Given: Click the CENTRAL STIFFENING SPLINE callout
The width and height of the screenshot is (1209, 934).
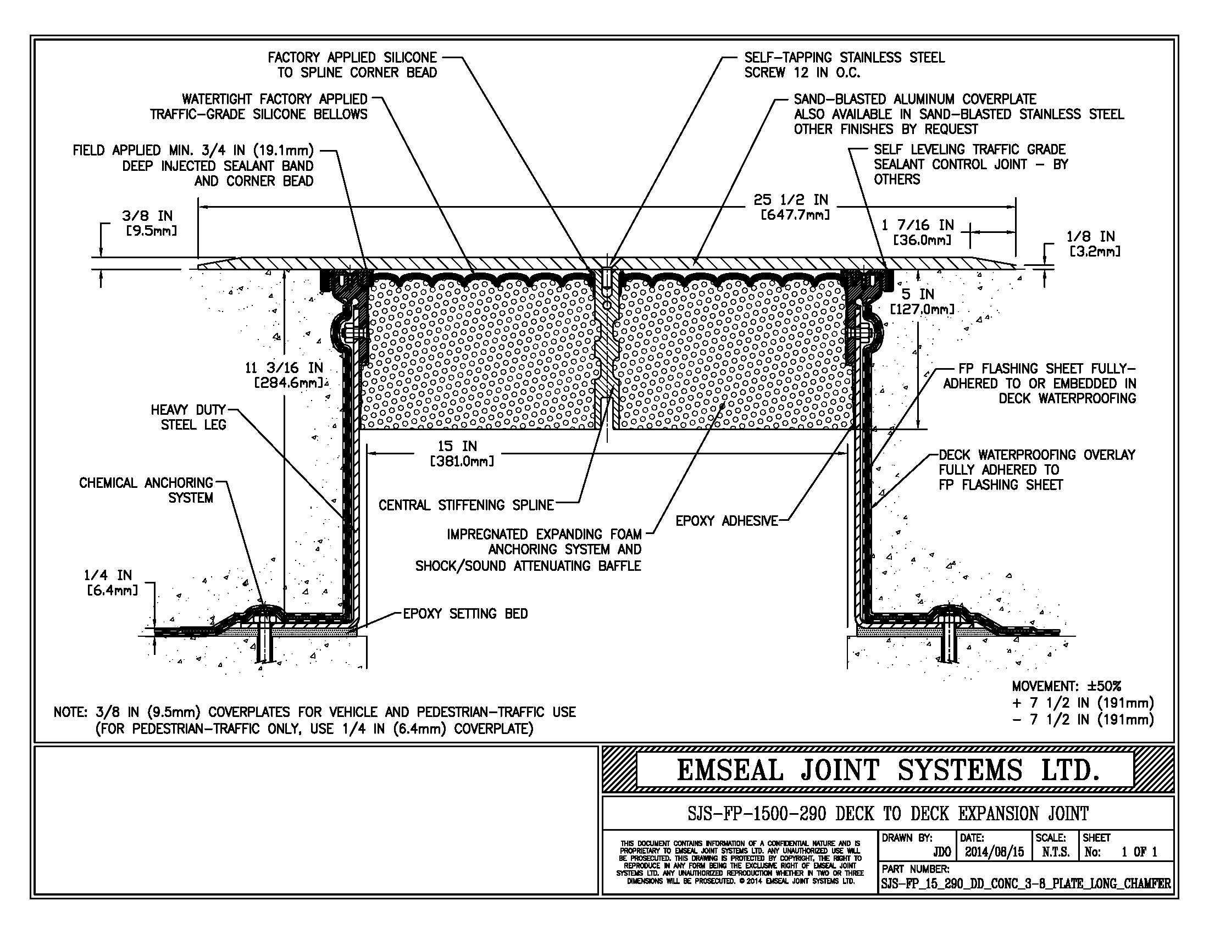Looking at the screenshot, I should [465, 505].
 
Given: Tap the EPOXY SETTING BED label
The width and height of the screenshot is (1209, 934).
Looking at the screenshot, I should [465, 614].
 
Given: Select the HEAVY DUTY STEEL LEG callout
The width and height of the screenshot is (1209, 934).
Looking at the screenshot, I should [188, 417].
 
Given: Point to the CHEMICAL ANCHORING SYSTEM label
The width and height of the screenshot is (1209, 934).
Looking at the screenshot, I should [147, 490].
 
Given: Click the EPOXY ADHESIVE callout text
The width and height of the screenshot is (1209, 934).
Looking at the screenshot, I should [726, 521].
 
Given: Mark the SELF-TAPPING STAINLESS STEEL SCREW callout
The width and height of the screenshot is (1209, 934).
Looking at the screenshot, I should [844, 65].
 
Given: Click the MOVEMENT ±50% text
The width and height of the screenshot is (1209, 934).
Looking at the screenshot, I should [1066, 687].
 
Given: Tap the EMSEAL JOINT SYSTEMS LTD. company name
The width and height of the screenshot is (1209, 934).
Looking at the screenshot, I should [888, 770].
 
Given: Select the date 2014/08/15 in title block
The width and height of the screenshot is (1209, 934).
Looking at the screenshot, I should [994, 852].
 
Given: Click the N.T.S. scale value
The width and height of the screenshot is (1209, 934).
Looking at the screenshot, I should [1055, 852].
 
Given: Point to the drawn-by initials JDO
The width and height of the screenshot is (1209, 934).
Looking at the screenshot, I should [941, 852].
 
